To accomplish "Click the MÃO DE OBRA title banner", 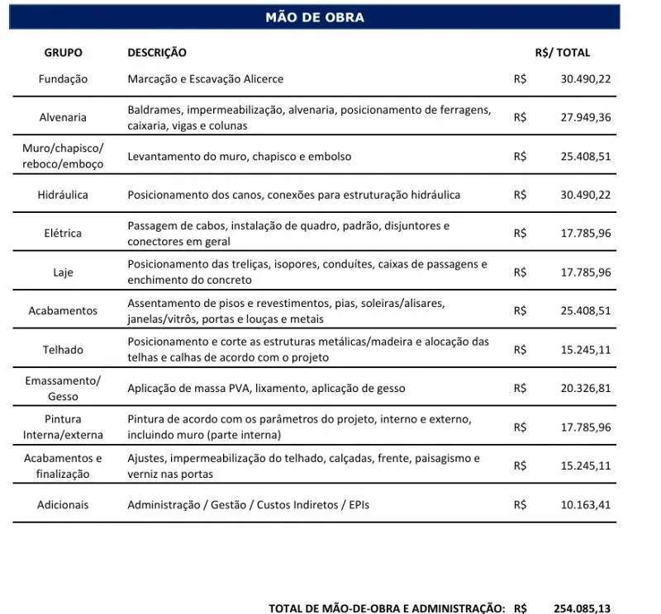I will [314, 17].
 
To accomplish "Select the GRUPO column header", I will [63, 53].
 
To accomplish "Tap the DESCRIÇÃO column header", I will [157, 53].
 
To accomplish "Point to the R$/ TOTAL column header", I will [563, 53].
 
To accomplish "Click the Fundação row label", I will [63, 79].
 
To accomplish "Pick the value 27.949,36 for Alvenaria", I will [586, 118].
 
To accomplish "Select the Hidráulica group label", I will [63, 195].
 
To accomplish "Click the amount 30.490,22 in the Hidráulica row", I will [586, 195].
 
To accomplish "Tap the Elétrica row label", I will [63, 234].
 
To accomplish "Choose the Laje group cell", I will [63, 272].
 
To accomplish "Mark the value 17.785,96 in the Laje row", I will [586, 272].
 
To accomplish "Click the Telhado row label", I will [63, 350].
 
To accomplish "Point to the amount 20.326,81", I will [586, 388].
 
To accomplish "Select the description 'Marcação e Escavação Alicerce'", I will [205, 79].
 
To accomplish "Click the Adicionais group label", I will [63, 504].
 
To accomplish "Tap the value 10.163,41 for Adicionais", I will [586, 504].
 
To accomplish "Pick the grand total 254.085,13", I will [583, 608].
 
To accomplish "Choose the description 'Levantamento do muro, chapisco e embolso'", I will [240, 156].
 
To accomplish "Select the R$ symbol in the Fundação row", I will [520, 79].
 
